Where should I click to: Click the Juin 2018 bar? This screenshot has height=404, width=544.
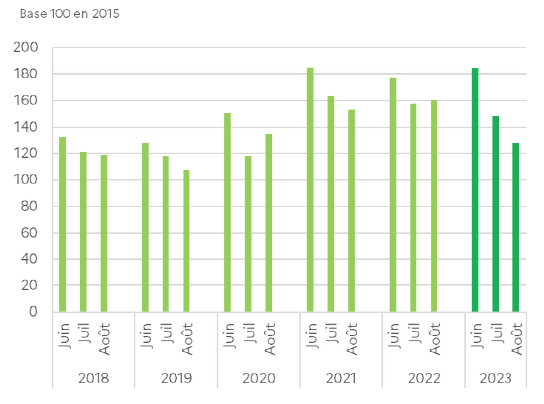coord(62,224)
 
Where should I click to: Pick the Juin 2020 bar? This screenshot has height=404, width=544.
coord(227,212)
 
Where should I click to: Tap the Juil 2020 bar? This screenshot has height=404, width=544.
coord(248,234)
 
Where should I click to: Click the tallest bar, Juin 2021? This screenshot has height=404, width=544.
coord(310,189)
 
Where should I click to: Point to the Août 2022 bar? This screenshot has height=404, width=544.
coord(434,206)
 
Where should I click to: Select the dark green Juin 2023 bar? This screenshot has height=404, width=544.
coord(475,190)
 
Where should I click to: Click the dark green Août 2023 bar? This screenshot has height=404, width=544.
coord(516,227)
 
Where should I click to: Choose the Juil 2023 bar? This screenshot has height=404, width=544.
coord(496,214)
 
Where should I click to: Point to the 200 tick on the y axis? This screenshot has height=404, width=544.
coord(26,47)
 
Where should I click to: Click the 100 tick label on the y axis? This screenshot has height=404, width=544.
coord(26,180)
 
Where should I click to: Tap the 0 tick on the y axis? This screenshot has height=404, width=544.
coord(33,312)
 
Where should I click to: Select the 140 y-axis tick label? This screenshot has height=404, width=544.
coord(26,127)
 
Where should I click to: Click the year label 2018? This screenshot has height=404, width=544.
coord(94,378)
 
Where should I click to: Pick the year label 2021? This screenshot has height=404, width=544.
coord(341,378)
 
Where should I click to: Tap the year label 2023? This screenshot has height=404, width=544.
coord(495,378)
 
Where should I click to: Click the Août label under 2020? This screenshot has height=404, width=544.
coord(270,339)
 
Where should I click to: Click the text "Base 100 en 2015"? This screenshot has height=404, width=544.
coord(70,14)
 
